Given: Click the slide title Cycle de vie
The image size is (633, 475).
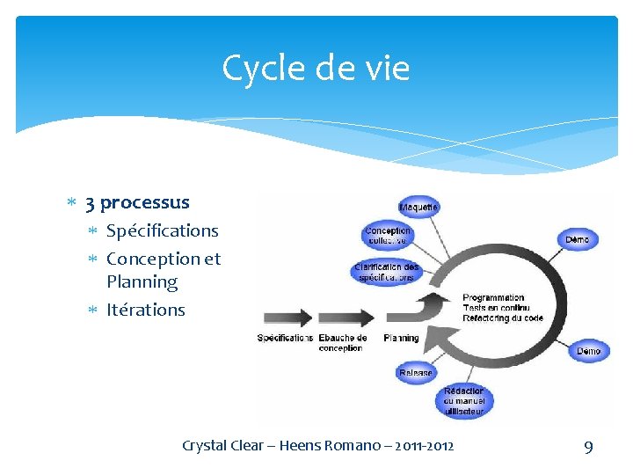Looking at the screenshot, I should coord(316,68).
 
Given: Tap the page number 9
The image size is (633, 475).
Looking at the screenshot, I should coord(588,447).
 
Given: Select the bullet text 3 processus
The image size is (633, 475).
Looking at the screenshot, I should coord(137,202).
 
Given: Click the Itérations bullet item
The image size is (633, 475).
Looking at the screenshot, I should coord(146,310).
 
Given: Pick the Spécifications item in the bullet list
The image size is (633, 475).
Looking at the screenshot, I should coord(162,230).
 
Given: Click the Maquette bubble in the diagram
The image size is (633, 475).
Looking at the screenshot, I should coord(419,207).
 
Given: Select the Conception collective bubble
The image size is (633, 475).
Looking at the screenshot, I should coord(388,236).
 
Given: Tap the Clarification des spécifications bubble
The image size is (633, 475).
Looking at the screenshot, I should coord(387,271).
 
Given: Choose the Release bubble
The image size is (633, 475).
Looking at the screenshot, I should coord(416,372).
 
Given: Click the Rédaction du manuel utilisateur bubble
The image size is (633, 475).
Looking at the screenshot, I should coord(463,400).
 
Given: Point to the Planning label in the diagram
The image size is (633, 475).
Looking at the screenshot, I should coord(402,338).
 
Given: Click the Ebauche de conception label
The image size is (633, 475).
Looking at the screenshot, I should coord(343,342).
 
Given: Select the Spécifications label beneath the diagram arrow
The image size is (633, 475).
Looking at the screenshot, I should coord(285,338).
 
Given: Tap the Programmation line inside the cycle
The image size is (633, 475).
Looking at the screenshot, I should coord(493,297).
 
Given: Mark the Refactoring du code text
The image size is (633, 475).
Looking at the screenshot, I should coord(503,318).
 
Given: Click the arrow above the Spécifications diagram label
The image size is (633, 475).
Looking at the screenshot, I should coord(285,317).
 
